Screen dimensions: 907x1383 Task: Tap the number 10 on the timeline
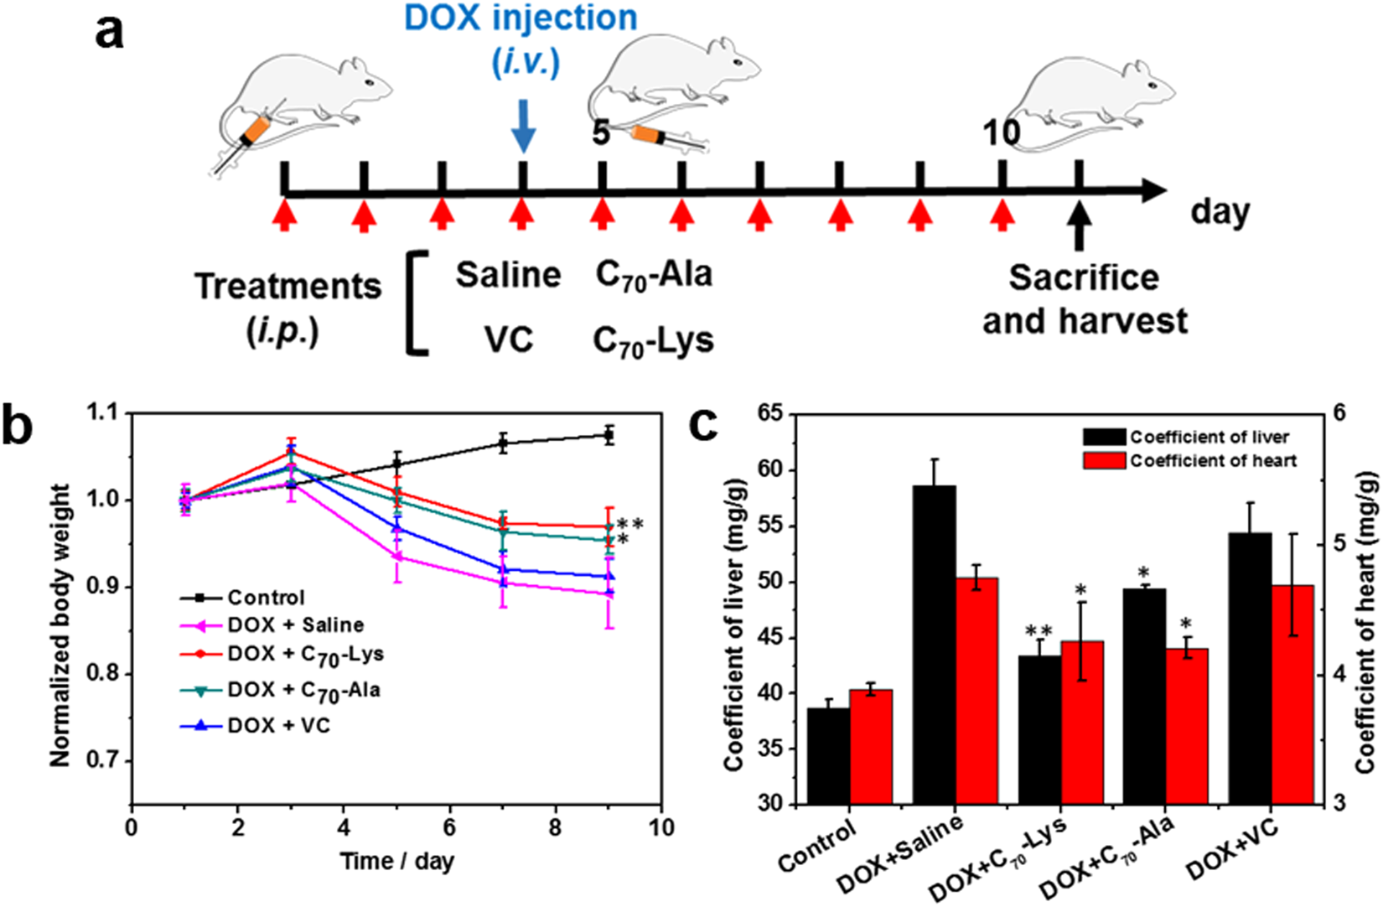click(x=1002, y=132)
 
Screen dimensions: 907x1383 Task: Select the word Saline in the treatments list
click(x=508, y=275)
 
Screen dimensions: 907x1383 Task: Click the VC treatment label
click(x=509, y=340)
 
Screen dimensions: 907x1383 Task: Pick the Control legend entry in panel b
click(x=266, y=598)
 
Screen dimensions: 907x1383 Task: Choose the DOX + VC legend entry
click(x=278, y=725)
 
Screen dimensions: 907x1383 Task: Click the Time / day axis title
click(x=396, y=861)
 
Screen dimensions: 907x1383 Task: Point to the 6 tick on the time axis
click(x=450, y=828)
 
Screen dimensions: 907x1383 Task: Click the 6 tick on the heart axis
click(x=1339, y=413)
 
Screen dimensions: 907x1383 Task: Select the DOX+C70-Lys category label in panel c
click(x=997, y=859)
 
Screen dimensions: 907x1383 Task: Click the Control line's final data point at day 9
click(x=609, y=434)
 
